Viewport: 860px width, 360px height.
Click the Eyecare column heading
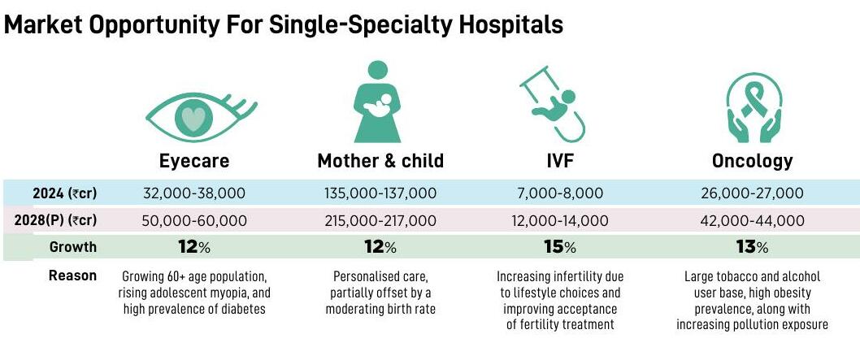pyautogui.click(x=194, y=161)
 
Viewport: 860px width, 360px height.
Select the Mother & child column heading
pyautogui.click(x=380, y=161)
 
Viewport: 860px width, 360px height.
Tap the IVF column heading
pyautogui.click(x=560, y=161)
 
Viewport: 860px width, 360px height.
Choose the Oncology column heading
pyautogui.click(x=752, y=161)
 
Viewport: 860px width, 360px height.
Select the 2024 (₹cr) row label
pyautogui.click(x=64, y=193)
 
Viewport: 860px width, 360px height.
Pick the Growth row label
pyautogui.click(x=73, y=247)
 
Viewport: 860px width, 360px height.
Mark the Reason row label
pyautogui.click(x=73, y=275)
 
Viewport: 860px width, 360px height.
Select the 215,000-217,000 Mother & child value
pyautogui.click(x=380, y=220)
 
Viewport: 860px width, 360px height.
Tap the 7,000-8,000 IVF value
pyautogui.click(x=561, y=193)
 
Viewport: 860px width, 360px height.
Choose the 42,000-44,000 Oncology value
pyautogui.click(x=752, y=220)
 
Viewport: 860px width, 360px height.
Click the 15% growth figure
pyautogui.click(x=560, y=247)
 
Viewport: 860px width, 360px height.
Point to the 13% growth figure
pyautogui.click(x=752, y=247)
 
